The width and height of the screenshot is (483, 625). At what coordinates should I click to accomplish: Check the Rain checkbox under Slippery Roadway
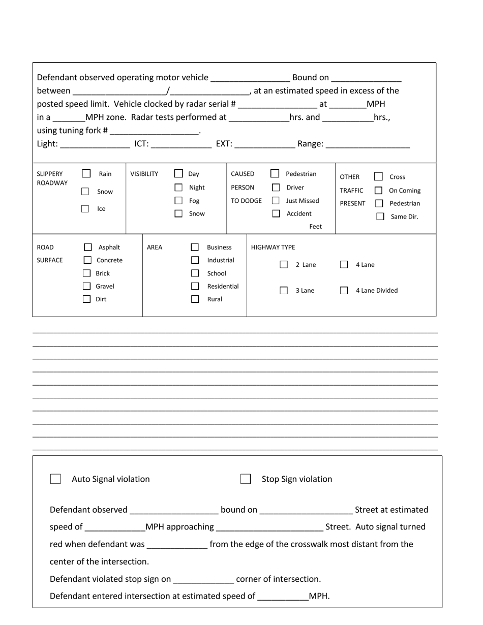coord(86,174)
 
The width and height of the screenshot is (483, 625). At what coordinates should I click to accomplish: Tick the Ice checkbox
coord(85,208)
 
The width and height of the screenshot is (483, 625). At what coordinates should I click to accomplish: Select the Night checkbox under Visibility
coord(178,188)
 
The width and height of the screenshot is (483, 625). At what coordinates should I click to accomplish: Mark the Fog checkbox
coord(178,201)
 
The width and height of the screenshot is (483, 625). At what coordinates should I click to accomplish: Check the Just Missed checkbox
coord(276,201)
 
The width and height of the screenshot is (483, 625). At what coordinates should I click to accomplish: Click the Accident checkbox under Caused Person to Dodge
coord(276,213)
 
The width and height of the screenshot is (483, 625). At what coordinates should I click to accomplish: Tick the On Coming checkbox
coord(378,191)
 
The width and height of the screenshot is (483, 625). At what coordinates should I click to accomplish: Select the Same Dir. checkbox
coord(380,216)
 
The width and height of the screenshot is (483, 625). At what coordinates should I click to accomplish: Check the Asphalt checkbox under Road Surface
coord(87,247)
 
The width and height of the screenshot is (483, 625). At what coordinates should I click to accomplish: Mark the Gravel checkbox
coord(87,286)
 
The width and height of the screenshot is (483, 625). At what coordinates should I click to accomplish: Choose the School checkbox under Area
coord(195,273)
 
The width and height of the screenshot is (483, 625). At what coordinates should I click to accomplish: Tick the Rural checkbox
coord(195,299)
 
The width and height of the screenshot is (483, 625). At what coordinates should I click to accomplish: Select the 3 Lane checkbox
coord(284,291)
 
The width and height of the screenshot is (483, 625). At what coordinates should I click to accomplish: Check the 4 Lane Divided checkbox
coord(344,291)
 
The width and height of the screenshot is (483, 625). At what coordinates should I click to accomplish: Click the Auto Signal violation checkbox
coord(55,479)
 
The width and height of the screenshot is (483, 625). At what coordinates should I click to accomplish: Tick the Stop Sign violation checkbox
coord(246,479)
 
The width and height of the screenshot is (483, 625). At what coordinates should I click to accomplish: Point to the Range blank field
coord(368,144)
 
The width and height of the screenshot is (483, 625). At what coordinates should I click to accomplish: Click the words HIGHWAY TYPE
coord(273,247)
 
